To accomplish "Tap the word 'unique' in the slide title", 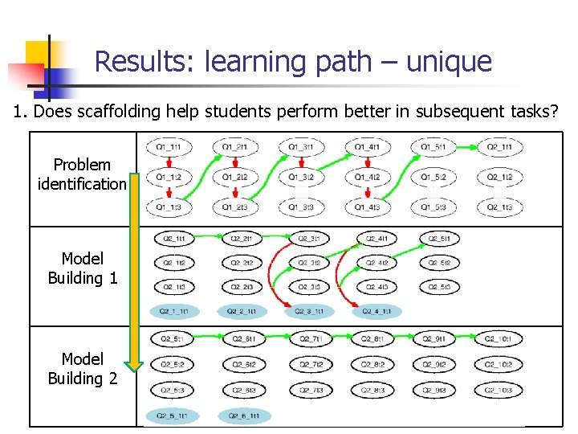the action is pyautogui.click(x=449, y=61).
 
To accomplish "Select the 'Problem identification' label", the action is pyautogui.click(x=82, y=174).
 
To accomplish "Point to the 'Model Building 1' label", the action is pyautogui.click(x=82, y=268).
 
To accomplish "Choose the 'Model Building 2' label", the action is pyautogui.click(x=82, y=368).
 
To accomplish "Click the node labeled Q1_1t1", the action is pyautogui.click(x=169, y=147).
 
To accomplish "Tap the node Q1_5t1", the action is pyautogui.click(x=433, y=147).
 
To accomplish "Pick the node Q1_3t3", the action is pyautogui.click(x=301, y=207).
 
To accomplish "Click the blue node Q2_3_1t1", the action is pyautogui.click(x=309, y=311).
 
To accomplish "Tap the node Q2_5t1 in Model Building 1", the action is pyautogui.click(x=439, y=238).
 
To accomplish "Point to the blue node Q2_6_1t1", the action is pyautogui.click(x=242, y=416).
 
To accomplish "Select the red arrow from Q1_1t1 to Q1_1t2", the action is pyautogui.click(x=169, y=162).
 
